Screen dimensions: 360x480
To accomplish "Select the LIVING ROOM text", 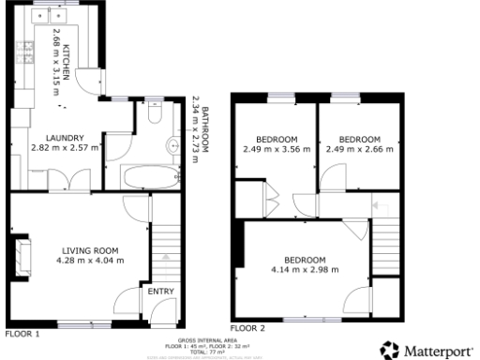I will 90,249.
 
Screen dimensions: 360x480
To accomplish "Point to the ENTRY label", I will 161,292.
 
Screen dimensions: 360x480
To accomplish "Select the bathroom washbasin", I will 172,145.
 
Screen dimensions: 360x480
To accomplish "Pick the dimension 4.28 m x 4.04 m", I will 91,260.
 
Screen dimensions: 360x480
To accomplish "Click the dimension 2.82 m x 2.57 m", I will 65,147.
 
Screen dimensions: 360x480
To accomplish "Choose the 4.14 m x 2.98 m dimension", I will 305,270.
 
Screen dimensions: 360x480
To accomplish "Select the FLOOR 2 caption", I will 248,328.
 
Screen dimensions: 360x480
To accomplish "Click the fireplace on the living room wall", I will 22,251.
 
